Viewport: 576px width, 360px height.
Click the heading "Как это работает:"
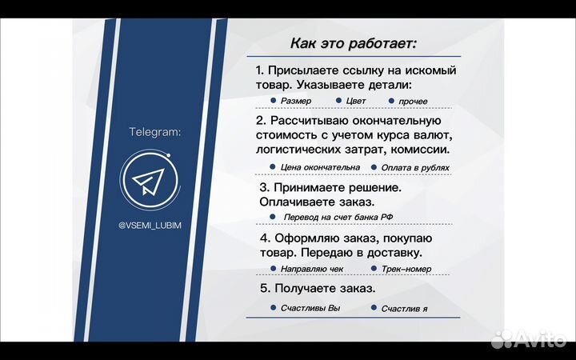[353, 42]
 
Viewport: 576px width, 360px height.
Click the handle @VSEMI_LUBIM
[150, 226]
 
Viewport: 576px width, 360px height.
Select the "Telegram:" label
[155, 131]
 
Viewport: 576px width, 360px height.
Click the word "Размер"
[296, 102]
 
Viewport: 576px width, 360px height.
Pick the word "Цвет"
[357, 102]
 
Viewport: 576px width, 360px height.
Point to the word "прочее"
[413, 102]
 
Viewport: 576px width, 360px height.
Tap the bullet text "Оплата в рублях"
[415, 168]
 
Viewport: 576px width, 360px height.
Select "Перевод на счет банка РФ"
[337, 218]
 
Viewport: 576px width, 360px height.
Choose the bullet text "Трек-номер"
[407, 270]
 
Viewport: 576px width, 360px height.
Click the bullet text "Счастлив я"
[404, 309]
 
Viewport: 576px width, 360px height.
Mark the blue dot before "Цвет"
[339, 101]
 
